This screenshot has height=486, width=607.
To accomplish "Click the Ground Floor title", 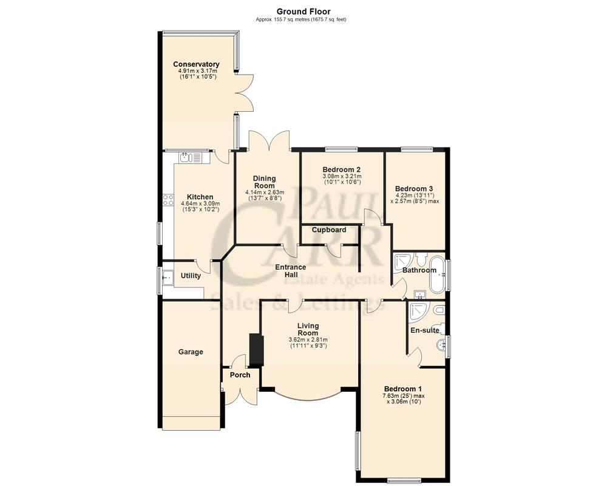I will [x=303, y=11].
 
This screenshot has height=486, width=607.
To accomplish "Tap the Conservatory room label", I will [x=196, y=64].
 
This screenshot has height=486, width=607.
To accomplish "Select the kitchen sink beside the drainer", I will [x=185, y=158].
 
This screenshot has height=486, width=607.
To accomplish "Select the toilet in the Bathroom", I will [x=423, y=256].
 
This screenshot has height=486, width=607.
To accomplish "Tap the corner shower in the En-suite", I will [x=418, y=310].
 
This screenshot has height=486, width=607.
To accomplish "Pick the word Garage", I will [x=191, y=352].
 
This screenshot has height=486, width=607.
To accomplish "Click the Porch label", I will [x=240, y=375].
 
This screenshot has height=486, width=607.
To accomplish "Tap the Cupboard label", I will [x=329, y=230].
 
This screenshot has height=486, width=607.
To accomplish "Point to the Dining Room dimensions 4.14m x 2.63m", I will [x=264, y=192].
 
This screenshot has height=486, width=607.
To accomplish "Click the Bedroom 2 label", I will [x=342, y=169].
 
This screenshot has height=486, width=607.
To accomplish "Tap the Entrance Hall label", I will [x=291, y=271].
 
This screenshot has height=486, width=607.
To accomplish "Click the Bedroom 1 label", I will [x=402, y=389].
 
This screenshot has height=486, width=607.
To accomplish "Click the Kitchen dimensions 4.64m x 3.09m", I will [x=200, y=204].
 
